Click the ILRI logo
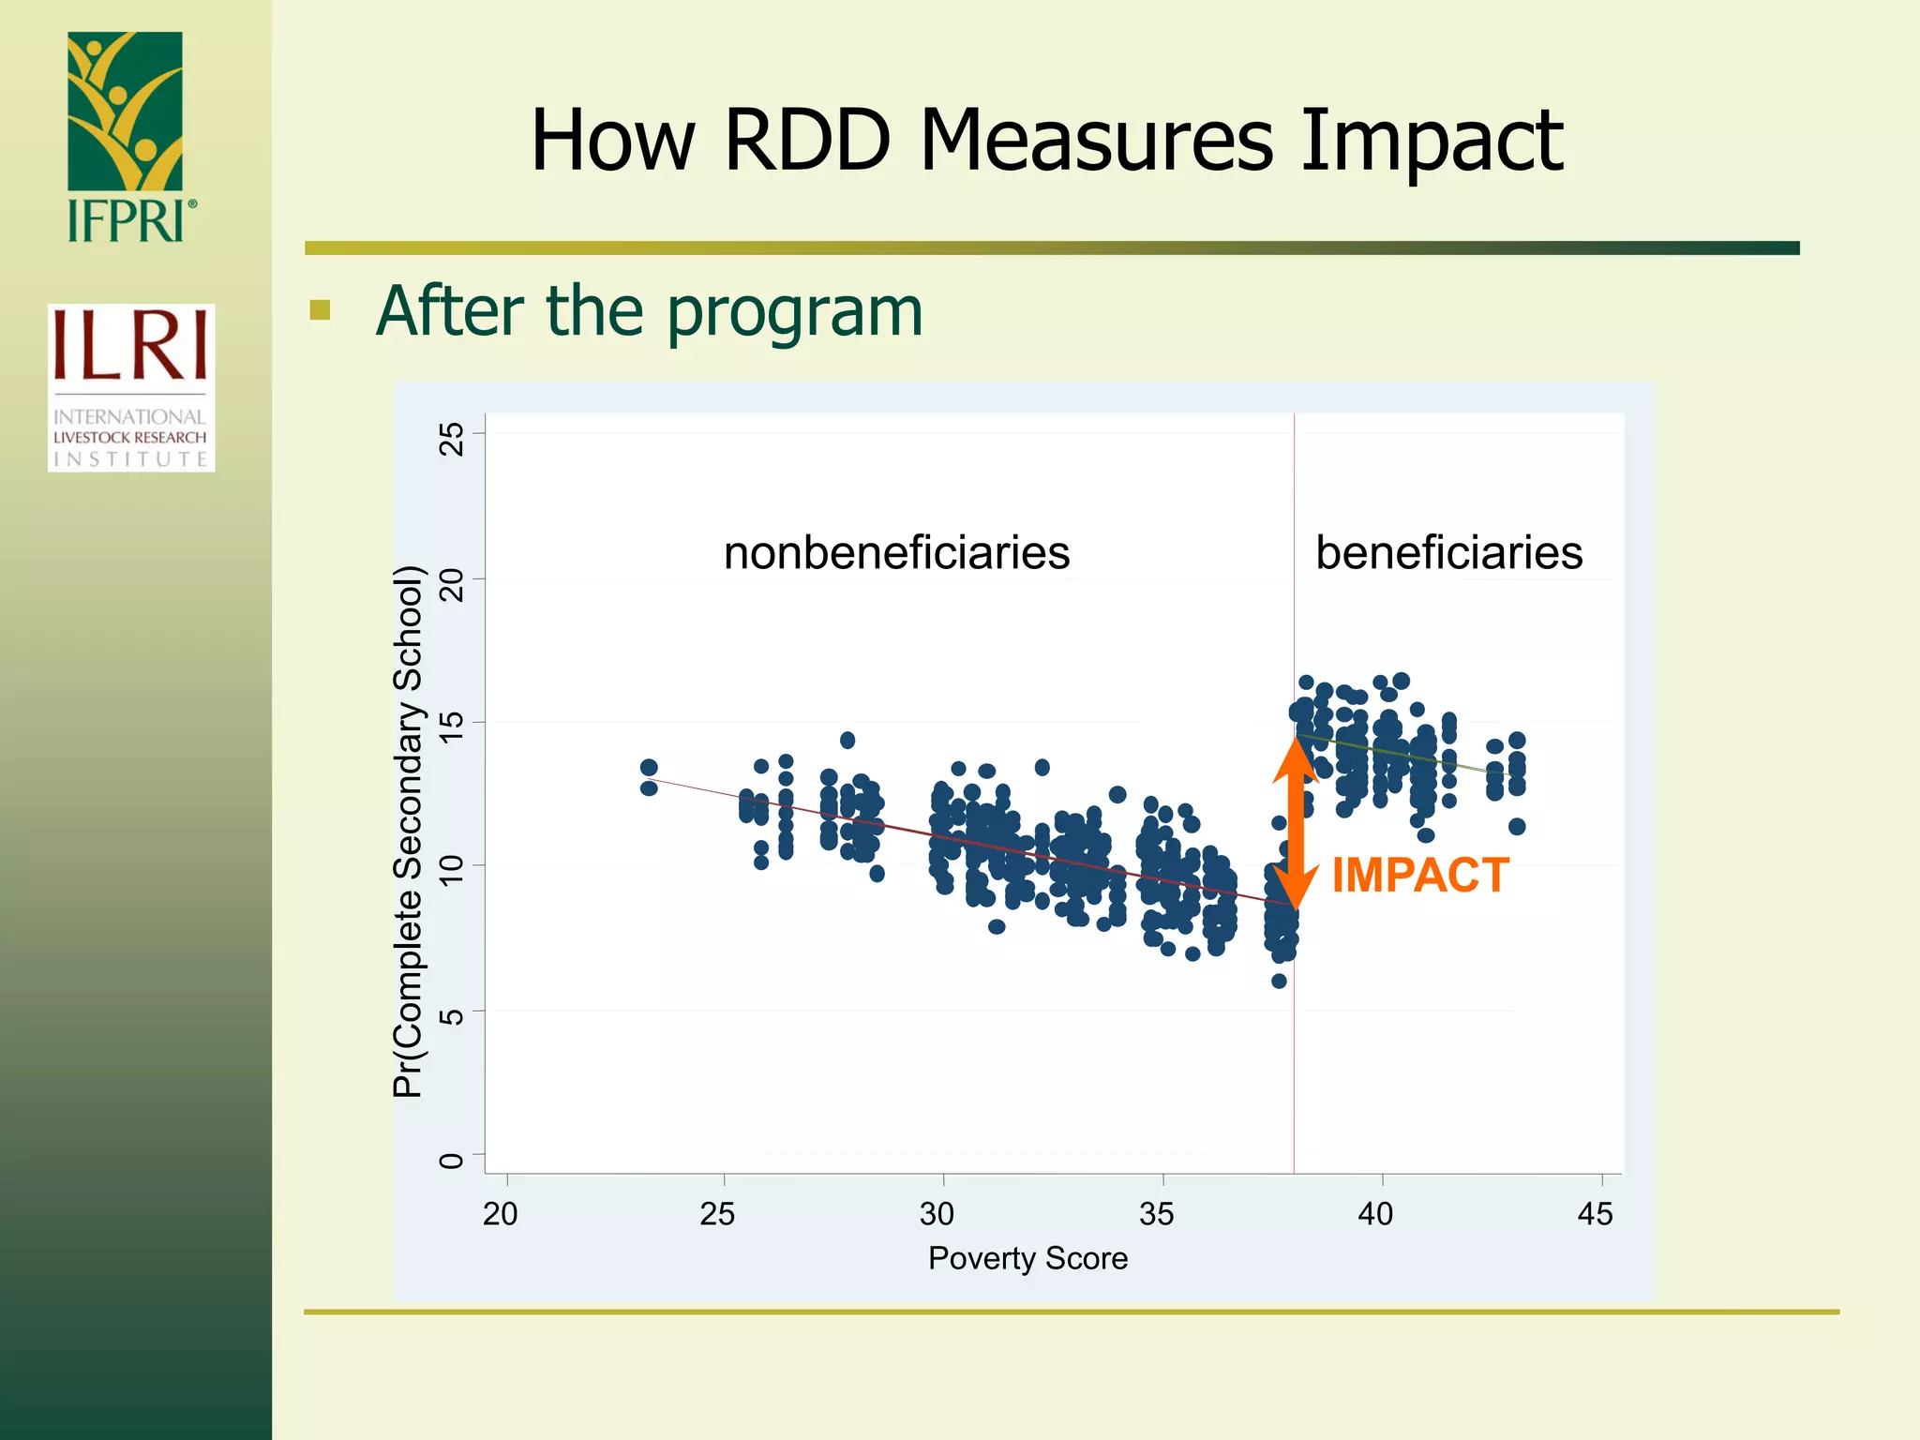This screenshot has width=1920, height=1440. [131, 387]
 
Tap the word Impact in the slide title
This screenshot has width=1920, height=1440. [1431, 142]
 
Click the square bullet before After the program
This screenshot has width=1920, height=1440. [321, 310]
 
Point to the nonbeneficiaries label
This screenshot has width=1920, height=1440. [896, 552]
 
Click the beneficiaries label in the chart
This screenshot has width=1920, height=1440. [1448, 552]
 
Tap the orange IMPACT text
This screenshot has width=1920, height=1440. [1419, 876]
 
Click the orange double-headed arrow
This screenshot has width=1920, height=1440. [1295, 823]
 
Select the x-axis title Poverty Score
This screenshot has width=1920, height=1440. [1027, 1258]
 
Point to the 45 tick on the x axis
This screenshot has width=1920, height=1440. [1595, 1214]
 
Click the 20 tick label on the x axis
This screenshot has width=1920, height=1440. [501, 1214]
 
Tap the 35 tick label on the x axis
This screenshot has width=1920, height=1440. [1156, 1214]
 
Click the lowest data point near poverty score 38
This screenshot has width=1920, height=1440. [1279, 981]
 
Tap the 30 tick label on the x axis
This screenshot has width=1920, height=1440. [937, 1214]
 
